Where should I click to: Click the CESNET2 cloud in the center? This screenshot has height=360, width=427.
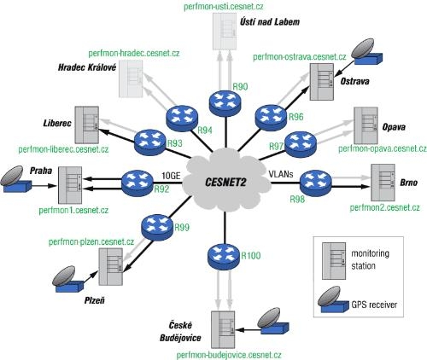pos(226,182)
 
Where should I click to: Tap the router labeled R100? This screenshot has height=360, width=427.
pos(225,257)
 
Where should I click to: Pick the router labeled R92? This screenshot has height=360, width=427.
pos(137,183)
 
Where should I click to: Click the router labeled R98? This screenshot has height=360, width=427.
pos(316,183)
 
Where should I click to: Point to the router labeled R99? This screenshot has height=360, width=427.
pos(157,228)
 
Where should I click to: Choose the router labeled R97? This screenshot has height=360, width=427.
pos(301,144)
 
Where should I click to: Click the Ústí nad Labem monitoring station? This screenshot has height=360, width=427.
pos(225,32)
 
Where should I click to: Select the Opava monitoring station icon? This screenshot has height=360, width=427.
pos(366,125)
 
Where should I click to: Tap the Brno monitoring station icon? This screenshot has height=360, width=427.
pos(383,183)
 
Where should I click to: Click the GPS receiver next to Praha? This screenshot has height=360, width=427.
pos(15,180)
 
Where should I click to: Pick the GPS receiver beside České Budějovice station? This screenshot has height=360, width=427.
pos(273,321)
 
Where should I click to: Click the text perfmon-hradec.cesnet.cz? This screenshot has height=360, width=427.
pos(134,53)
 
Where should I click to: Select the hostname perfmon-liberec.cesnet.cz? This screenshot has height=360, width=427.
pos(63,149)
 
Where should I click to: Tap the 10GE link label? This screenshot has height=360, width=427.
pos(171,176)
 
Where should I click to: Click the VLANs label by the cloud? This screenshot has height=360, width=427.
pos(281,174)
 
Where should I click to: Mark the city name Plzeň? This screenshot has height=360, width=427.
pos(95,300)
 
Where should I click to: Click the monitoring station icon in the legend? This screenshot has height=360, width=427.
pos(334,261)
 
